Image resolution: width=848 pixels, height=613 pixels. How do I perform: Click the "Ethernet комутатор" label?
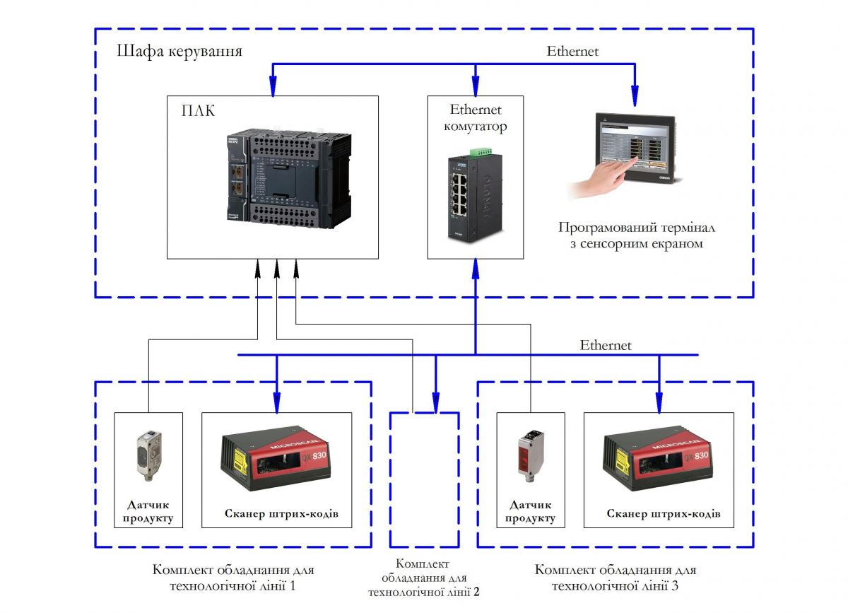475,118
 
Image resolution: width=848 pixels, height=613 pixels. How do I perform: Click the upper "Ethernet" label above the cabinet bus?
572,52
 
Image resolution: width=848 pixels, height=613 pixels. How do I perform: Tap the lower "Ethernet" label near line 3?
606,346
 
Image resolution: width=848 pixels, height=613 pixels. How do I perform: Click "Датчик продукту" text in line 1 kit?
148,512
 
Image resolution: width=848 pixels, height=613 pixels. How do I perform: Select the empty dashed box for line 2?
424,481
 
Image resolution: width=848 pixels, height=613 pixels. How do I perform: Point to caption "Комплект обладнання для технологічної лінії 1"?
233,577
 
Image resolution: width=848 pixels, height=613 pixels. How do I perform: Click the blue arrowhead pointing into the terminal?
635,93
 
